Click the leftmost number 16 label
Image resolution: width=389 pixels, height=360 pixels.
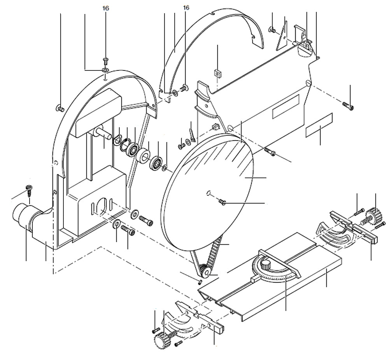[105, 8]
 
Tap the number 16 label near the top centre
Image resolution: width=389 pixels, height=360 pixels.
[186, 7]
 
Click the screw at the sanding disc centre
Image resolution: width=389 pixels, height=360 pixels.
[223, 202]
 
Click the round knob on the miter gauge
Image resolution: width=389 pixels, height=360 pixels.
[266, 265]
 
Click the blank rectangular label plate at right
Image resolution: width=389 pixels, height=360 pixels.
[319, 125]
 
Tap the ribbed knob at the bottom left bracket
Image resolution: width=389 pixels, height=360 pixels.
[161, 342]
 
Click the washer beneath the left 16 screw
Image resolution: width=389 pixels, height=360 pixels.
[105, 70]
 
